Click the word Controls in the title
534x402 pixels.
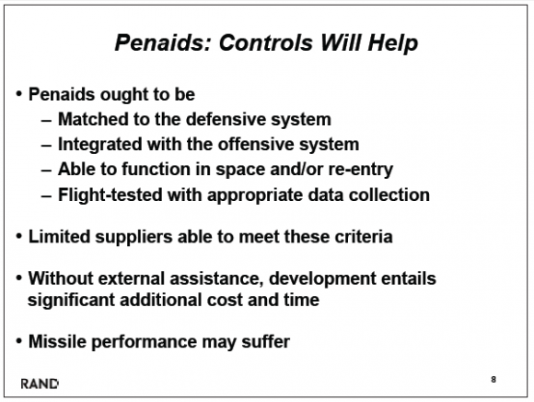coord(266,42)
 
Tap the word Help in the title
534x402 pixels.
coord(392,43)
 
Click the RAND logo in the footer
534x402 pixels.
coord(40,384)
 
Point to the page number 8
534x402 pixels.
coord(493,379)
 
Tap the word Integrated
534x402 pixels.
coord(99,145)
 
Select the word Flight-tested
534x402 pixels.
coord(110,195)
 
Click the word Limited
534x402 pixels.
coord(59,237)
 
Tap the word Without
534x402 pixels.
coord(61,278)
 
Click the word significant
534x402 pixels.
coord(71,301)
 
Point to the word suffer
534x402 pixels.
coord(266,341)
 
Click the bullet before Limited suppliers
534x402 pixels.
coord(19,236)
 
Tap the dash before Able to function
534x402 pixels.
coord(46,171)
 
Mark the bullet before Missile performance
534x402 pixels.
coord(19,340)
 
